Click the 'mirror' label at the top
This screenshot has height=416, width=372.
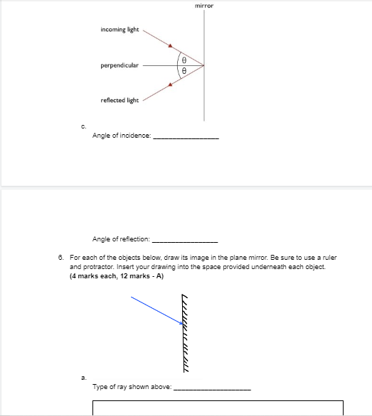[x=204, y=6]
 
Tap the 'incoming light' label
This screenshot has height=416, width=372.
[x=119, y=31]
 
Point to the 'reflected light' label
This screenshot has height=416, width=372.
[x=119, y=101]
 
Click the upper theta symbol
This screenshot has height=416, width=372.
[x=184, y=59]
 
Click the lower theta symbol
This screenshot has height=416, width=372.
[x=184, y=71]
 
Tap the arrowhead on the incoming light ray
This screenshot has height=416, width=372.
[x=171, y=47]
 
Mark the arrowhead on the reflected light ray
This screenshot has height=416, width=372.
[x=170, y=84]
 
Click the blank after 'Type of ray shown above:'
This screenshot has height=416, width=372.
[x=212, y=388]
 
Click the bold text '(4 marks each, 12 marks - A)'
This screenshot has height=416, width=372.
[x=117, y=276]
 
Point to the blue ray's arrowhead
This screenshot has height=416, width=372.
[x=181, y=323]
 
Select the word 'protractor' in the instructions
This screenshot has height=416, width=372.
[x=95, y=268]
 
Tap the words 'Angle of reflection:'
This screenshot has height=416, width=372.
[x=121, y=240]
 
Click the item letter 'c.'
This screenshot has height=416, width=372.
[x=85, y=126]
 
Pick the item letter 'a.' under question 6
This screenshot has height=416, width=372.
[x=84, y=378]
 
